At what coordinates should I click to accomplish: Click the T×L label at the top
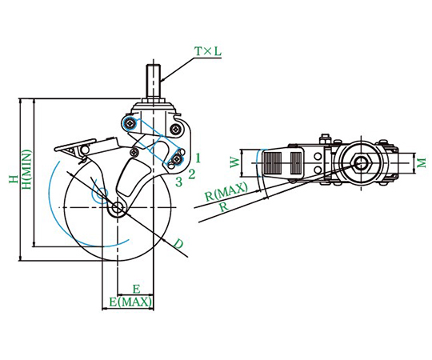pyautogui.click(x=208, y=51)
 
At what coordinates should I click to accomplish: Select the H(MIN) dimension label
pyautogui.click(x=26, y=170)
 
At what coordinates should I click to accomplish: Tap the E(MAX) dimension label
pyautogui.click(x=130, y=302)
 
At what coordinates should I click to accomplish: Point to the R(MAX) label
pyautogui.click(x=226, y=191)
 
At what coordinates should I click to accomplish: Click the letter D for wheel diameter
pyautogui.click(x=178, y=243)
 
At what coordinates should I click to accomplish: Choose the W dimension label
pyautogui.click(x=234, y=162)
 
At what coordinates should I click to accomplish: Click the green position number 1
pyautogui.click(x=198, y=158)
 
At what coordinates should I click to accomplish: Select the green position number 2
pyautogui.click(x=192, y=174)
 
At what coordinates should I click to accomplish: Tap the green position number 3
pyautogui.click(x=179, y=182)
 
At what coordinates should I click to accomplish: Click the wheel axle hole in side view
pyautogui.click(x=118, y=207)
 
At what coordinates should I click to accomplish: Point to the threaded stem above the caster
pyautogui.click(x=154, y=82)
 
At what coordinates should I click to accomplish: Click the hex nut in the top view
pyautogui.click(x=361, y=163)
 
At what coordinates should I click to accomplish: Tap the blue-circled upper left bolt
pyautogui.click(x=130, y=124)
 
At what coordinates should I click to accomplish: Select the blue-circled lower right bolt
pyautogui.click(x=176, y=159)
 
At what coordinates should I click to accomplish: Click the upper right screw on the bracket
pyautogui.click(x=175, y=128)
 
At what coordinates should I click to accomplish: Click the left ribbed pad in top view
pyautogui.click(x=273, y=163)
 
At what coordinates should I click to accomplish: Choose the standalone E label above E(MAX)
pyautogui.click(x=136, y=290)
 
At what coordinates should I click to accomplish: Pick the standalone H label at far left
pyautogui.click(x=13, y=179)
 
